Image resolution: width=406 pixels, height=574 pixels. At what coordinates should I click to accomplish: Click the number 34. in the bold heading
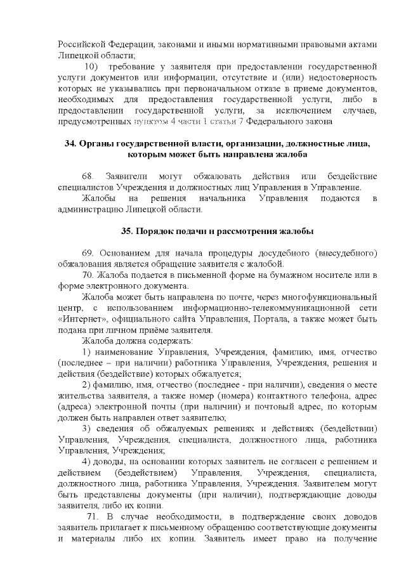click(x=72, y=144)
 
